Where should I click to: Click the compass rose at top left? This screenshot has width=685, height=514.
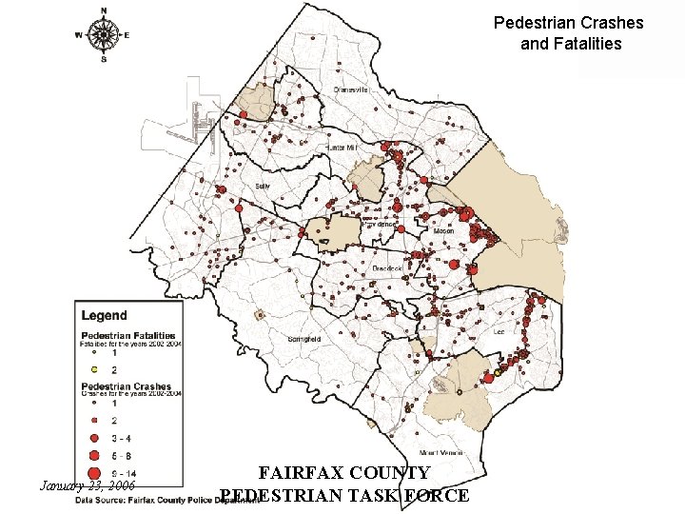pyautogui.click(x=103, y=33)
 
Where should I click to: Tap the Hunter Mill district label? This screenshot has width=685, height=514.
pyautogui.click(x=341, y=148)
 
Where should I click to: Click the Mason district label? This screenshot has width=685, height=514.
pyautogui.click(x=443, y=231)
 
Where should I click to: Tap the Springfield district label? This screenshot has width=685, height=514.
pyautogui.click(x=303, y=339)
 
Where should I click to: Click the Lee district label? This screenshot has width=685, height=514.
pyautogui.click(x=499, y=333)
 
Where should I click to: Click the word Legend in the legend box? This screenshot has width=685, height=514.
pyautogui.click(x=104, y=315)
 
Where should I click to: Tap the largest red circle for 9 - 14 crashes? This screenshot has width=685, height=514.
pyautogui.click(x=93, y=473)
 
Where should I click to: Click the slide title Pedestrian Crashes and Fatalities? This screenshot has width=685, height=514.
pyautogui.click(x=570, y=32)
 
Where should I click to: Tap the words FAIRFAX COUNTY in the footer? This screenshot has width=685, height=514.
pyautogui.click(x=345, y=473)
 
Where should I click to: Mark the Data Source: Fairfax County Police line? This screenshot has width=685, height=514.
pyautogui.click(x=166, y=497)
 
